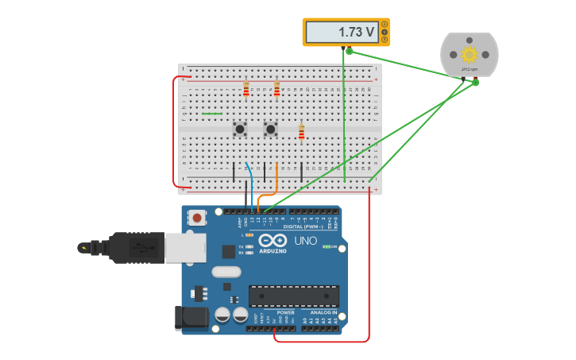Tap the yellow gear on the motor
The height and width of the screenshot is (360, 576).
(469, 54)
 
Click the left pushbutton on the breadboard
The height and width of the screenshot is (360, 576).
(239, 128)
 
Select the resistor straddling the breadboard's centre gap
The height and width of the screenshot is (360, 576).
(301, 131)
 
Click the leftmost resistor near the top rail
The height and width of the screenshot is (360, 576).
(246, 88)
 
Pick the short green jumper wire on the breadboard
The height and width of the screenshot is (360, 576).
(212, 114)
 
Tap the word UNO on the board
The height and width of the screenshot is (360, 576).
(306, 241)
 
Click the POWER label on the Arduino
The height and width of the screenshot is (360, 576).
(286, 312)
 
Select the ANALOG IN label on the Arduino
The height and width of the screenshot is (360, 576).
(323, 312)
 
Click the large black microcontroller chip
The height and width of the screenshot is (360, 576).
(293, 296)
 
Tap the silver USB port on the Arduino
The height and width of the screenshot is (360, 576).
(184, 247)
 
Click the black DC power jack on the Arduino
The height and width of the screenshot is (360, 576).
(191, 318)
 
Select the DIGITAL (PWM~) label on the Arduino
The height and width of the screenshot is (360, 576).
(303, 226)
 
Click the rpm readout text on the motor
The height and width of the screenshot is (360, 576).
(470, 69)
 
